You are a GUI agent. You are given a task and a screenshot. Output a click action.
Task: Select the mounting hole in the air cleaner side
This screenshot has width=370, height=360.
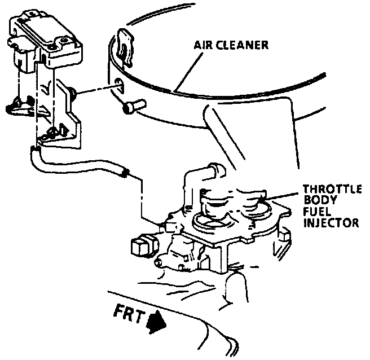[117, 85]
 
